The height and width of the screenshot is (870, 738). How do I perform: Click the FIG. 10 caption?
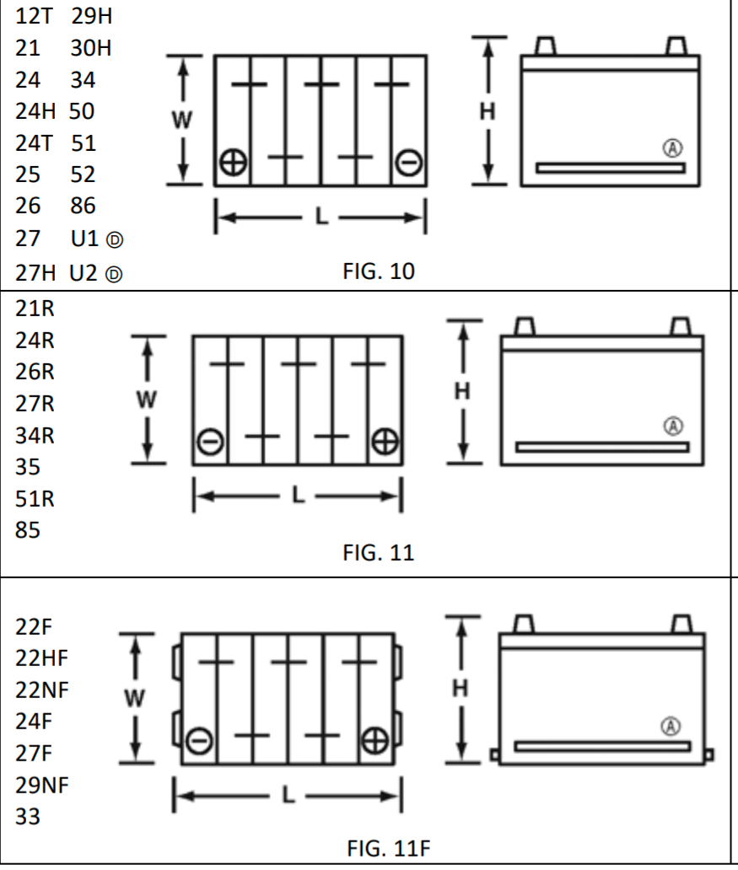(x=379, y=272)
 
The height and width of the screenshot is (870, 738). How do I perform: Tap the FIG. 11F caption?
(x=389, y=848)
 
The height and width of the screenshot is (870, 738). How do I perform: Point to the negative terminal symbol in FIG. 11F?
(x=199, y=741)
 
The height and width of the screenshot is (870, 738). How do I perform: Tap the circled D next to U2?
(x=116, y=274)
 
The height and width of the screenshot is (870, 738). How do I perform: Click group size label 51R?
(x=35, y=499)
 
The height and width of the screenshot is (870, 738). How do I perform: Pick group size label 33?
(x=27, y=817)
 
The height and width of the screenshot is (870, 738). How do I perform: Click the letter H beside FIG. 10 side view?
(x=487, y=110)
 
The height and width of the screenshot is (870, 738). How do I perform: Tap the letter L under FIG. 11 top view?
(x=297, y=495)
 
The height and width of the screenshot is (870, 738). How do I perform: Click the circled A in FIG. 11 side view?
(x=674, y=426)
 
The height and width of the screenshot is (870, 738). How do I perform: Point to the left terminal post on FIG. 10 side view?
(x=545, y=45)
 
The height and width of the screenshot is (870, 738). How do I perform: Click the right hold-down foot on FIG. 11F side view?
(x=709, y=755)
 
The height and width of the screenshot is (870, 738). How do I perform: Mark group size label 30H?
(x=91, y=48)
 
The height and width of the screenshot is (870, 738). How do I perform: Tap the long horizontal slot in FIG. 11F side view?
(x=602, y=746)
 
